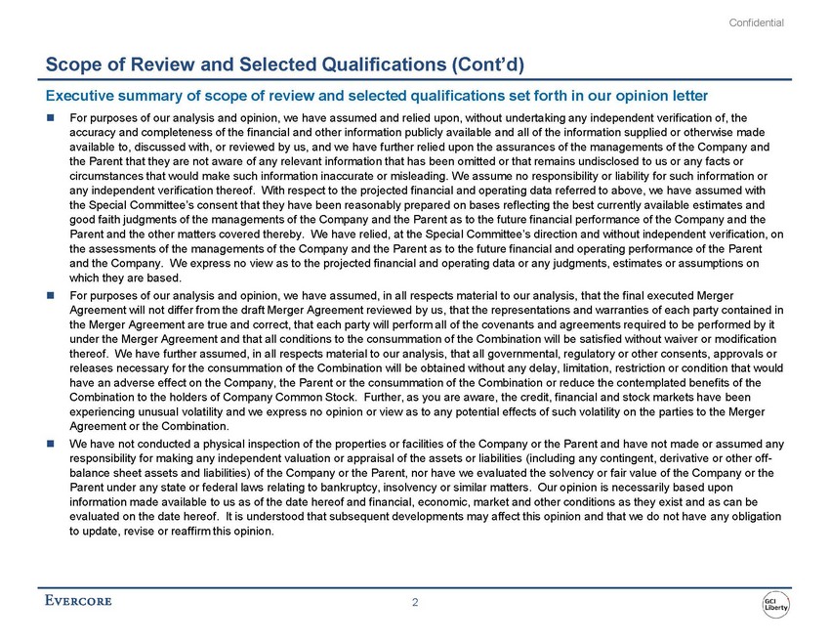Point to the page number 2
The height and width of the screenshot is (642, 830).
(x=415, y=602)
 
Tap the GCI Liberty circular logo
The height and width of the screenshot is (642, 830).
(x=776, y=603)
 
